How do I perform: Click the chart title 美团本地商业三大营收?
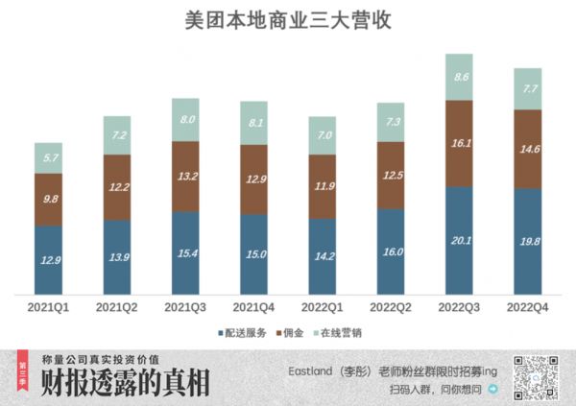pos(287,20)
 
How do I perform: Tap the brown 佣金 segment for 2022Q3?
pos(460,143)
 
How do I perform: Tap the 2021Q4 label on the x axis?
pos(254,307)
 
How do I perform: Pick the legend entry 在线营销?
pos(341,332)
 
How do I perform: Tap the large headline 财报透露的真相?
pos(125,384)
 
